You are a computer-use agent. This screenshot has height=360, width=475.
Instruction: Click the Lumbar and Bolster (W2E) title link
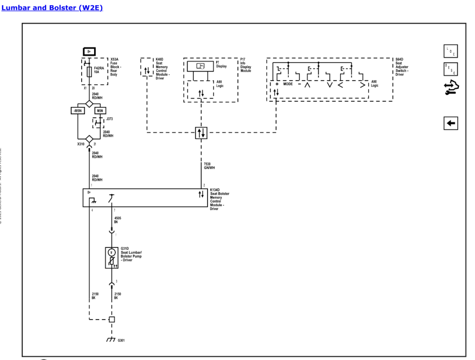[53, 8]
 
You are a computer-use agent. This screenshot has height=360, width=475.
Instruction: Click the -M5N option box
[77, 111]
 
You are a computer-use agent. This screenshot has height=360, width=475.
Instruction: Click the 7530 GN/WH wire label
[209, 166]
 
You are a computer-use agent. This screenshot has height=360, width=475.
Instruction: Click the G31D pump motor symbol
[111, 252]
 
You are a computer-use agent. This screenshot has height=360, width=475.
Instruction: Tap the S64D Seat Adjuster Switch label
[402, 66]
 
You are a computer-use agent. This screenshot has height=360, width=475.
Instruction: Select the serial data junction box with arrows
[201, 133]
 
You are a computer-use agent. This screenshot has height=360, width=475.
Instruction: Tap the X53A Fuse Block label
[117, 66]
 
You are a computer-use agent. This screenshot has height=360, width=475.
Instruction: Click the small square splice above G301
[112, 319]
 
